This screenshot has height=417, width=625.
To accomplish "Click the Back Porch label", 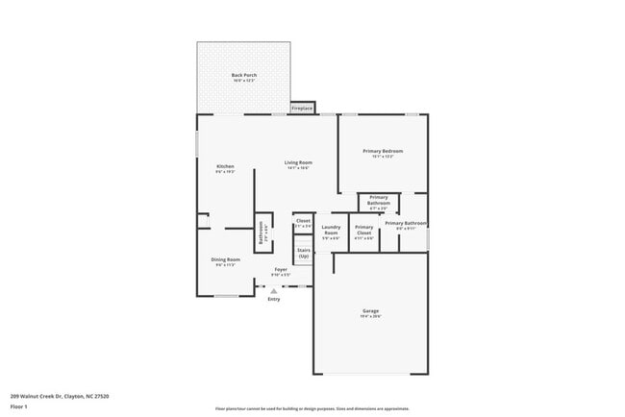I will click(243, 75).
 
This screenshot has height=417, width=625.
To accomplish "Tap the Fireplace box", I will click(302, 109).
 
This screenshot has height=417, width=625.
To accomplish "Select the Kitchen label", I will click(225, 166).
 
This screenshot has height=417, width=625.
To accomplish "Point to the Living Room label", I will click(298, 162).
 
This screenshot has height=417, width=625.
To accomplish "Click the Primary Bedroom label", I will click(383, 151).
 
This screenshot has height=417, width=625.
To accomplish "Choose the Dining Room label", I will click(226, 259).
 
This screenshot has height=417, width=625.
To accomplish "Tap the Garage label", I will click(371, 311).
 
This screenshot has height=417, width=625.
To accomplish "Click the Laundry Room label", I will click(331, 231).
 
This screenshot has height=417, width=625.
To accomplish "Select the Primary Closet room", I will click(363, 231).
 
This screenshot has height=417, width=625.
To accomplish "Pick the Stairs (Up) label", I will click(304, 253).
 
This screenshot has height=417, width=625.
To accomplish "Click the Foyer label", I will click(281, 269).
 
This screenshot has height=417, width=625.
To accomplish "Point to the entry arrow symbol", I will click(273, 290).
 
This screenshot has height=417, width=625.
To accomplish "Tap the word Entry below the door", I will click(274, 300).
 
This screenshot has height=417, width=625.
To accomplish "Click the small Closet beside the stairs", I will click(303, 223).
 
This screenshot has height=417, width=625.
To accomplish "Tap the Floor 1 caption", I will click(19, 407).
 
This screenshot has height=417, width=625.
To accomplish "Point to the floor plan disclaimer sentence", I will click(312, 408).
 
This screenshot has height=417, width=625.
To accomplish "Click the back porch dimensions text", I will click(243, 81).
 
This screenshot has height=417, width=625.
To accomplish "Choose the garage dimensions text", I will click(371, 316).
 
